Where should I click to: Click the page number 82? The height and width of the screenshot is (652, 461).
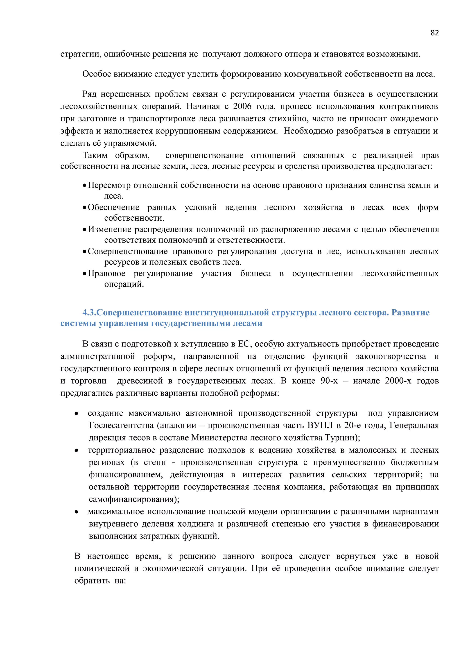click(x=434, y=33)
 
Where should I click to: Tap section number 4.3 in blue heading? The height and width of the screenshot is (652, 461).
click(x=89, y=313)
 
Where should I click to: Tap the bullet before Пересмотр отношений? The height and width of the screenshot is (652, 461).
click(x=84, y=186)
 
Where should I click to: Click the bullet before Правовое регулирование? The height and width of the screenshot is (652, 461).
click(x=84, y=274)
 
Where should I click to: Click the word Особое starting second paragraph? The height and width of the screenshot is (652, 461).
click(x=97, y=74)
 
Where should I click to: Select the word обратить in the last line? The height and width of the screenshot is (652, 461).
click(x=92, y=581)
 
